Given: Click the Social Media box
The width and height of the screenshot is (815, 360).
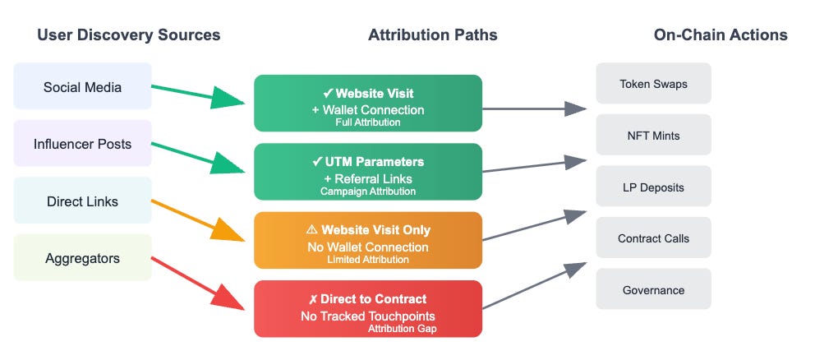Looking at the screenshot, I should click(x=82, y=86).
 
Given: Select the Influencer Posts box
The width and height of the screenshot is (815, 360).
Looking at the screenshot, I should click(x=82, y=144).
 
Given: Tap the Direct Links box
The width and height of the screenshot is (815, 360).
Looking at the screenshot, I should click(x=82, y=201).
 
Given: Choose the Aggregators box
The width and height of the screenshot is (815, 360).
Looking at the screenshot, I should click(x=82, y=258).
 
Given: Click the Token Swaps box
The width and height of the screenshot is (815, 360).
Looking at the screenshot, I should click(x=653, y=83).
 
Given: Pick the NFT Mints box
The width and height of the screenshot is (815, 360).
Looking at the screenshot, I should click(x=653, y=135).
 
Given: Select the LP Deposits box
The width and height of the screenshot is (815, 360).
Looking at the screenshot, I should click(x=653, y=187).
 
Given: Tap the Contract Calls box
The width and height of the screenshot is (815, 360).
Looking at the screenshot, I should click(x=653, y=238).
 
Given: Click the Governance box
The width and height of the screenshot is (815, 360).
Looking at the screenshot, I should click(x=653, y=289).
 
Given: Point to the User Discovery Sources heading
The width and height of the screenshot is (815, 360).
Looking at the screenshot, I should click(x=128, y=35).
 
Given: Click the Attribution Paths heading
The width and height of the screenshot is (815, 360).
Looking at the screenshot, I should click(x=432, y=35).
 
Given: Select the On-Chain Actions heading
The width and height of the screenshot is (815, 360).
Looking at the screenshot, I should click(x=721, y=35).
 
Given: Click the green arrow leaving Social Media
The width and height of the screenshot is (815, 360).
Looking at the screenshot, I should click(x=198, y=94).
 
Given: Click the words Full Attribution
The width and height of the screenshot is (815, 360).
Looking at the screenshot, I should click(x=367, y=122).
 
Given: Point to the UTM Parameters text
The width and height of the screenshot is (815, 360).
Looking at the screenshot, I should click(x=374, y=162).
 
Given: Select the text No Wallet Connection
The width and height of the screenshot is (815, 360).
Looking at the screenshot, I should click(x=367, y=247).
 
